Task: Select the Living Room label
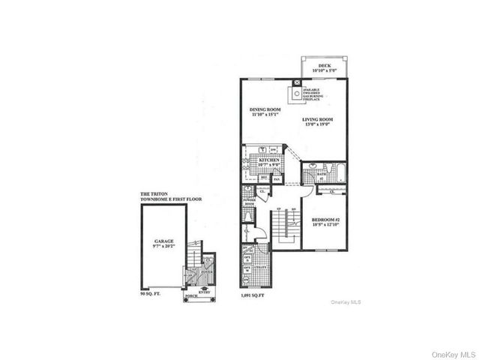(x=317, y=123)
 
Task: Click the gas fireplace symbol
(x=296, y=94)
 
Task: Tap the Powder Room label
(x=248, y=201)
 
